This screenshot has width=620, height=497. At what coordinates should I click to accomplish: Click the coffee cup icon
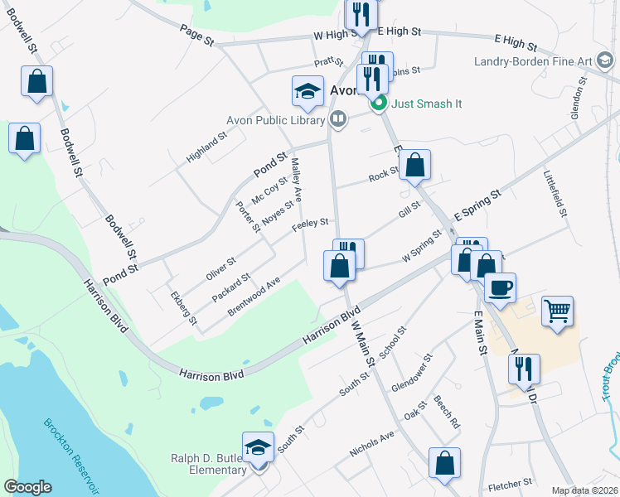[500, 287]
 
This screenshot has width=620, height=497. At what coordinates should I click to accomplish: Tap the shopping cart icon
[558, 311]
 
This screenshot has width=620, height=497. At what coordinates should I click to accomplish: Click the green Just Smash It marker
[379, 104]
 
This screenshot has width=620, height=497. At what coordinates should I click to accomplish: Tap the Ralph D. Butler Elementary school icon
[259, 448]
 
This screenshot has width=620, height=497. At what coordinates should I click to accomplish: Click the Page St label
[197, 34]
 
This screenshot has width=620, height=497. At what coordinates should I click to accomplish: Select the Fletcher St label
[510, 482]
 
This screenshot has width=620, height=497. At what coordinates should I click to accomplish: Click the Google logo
[27, 487]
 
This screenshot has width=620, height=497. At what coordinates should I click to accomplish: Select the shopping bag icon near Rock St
[417, 165]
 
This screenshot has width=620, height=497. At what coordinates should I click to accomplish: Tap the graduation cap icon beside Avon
[308, 91]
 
